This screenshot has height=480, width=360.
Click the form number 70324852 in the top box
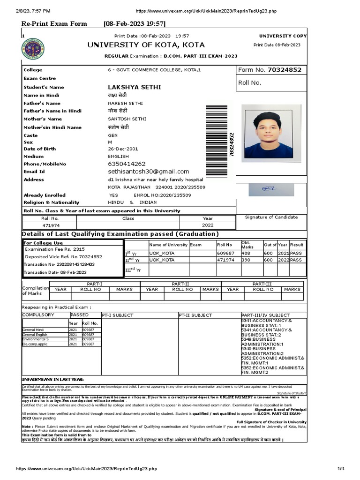point(285,70)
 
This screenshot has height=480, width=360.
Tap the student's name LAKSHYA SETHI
point(134,87)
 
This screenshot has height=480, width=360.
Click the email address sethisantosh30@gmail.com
point(148,172)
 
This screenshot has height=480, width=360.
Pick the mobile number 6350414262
point(127,164)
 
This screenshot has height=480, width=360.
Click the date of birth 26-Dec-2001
point(123,149)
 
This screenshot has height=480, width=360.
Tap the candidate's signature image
point(269,188)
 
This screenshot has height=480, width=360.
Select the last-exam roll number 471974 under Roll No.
point(50,225)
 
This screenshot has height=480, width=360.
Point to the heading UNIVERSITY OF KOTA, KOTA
point(146,45)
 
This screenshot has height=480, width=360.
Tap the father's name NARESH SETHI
point(125,103)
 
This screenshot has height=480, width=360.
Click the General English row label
point(35,335)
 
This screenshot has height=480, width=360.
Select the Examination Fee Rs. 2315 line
point(55,249)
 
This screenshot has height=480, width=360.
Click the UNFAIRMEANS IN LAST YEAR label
point(53,379)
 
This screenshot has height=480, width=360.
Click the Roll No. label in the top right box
point(249,82)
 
